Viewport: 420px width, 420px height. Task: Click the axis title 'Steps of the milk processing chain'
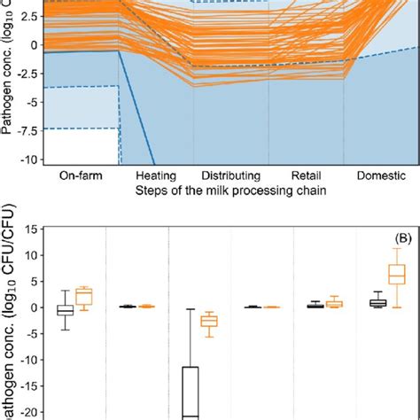pos(228,191)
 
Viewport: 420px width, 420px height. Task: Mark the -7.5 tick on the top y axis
pos(31,129)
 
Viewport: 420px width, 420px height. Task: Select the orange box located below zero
pos(209,322)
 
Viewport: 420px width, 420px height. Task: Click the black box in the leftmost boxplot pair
pos(65,310)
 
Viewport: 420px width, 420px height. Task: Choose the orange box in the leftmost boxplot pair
pos(84,296)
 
